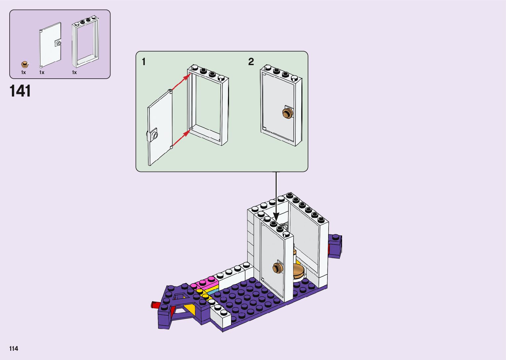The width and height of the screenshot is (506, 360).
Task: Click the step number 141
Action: [x=20, y=91]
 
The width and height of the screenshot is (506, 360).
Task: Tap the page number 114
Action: [x=14, y=348]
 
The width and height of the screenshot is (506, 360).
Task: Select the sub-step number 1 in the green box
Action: [x=143, y=62]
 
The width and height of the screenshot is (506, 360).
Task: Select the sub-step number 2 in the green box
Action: [x=251, y=62]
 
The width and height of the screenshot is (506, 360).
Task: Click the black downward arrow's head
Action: [x=276, y=217]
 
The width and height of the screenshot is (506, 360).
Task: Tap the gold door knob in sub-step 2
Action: [x=288, y=113]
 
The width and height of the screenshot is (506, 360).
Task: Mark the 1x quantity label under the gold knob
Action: [x=23, y=72]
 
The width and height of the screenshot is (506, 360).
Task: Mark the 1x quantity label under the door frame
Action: [x=74, y=72]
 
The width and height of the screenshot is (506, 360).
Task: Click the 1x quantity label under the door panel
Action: [x=42, y=72]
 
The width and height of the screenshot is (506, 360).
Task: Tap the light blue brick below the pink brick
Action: [x=213, y=292]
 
